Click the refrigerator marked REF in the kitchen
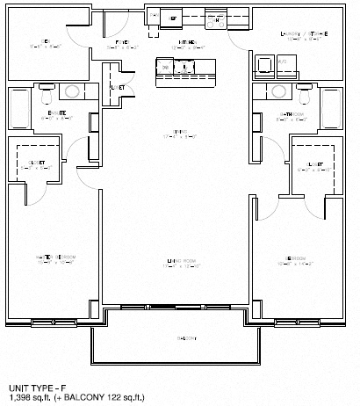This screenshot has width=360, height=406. tap(173, 18)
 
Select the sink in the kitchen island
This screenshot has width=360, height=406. tap(184, 67)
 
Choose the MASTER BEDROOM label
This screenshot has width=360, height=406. tap(52, 257)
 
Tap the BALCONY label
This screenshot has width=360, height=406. tap(179, 338)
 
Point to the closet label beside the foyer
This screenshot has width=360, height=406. tap(117, 87)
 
